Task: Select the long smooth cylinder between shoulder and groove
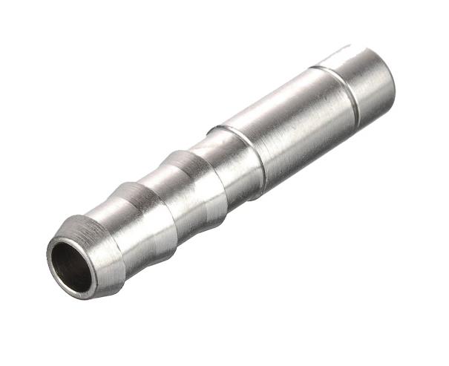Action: pos(297,119)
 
